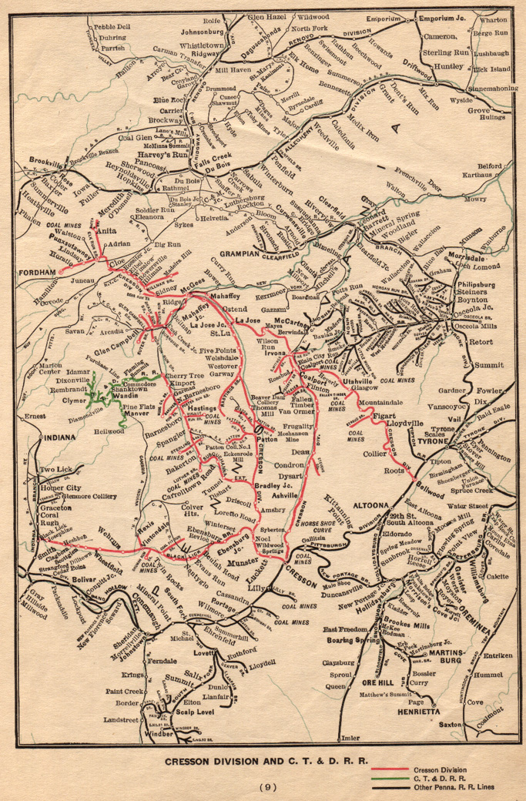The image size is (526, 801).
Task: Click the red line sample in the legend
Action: coord(389,769)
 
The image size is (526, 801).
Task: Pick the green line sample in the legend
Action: coord(389,778)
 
